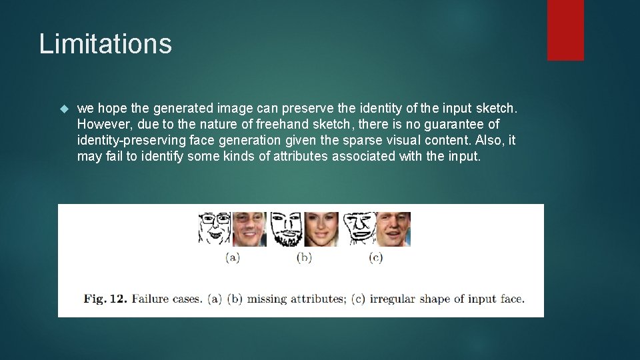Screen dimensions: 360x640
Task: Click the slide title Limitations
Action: tap(105, 44)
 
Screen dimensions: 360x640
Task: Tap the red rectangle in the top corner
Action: tap(565, 30)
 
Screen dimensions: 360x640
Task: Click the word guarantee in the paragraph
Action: tap(448, 125)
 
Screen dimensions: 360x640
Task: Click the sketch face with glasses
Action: tap(214, 229)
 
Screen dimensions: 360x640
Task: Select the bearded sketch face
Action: tap(287, 229)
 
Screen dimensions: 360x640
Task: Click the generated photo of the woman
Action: tap(321, 229)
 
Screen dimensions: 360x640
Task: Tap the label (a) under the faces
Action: tap(232, 257)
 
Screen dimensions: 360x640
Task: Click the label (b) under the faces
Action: tap(304, 257)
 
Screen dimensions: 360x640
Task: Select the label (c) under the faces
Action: tap(375, 257)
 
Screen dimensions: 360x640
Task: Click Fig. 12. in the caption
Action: tap(105, 299)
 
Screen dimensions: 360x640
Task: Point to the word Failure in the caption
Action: tap(149, 299)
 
